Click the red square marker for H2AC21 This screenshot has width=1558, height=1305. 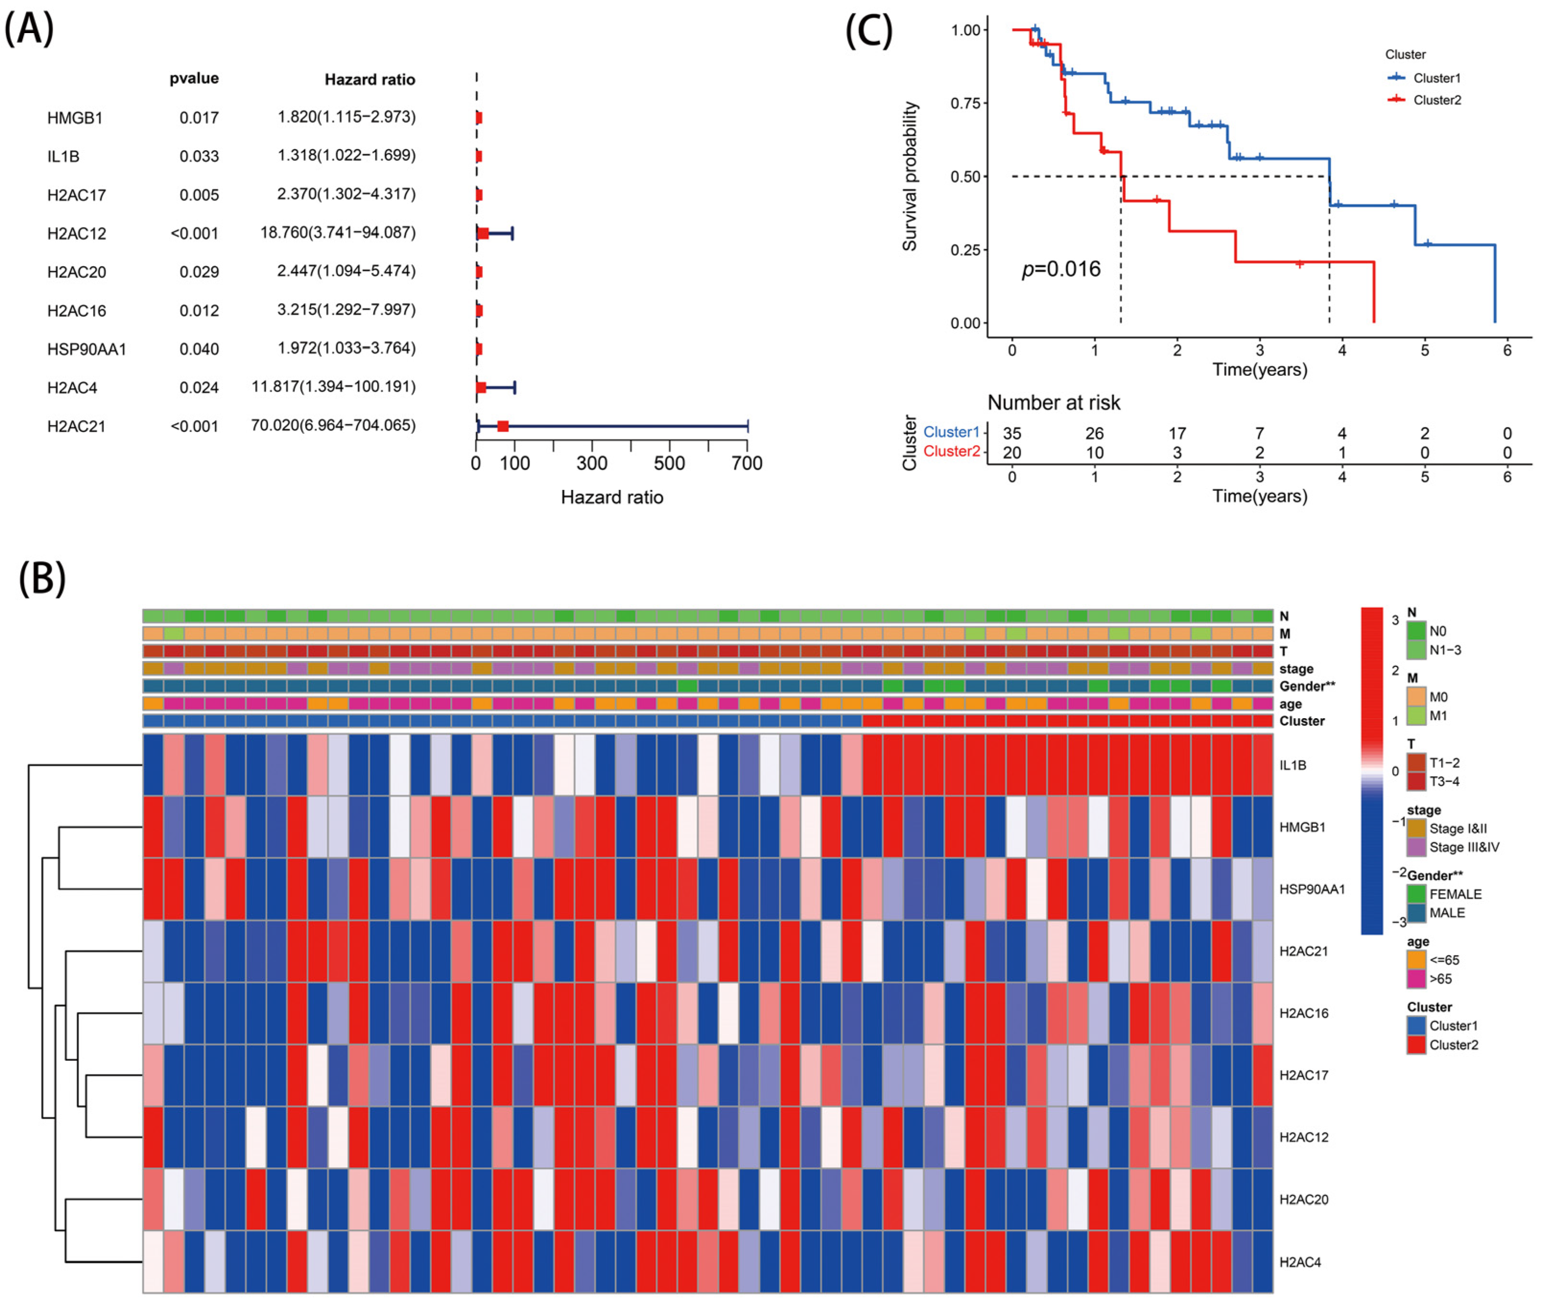point(503,426)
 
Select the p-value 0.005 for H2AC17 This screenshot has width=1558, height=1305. point(199,195)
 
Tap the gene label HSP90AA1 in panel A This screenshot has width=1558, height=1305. point(87,349)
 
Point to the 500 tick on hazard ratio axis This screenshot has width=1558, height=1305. point(669,463)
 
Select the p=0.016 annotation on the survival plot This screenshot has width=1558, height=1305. point(1061,269)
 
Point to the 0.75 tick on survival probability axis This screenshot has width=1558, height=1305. point(965,103)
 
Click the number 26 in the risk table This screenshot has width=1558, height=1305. point(1094,433)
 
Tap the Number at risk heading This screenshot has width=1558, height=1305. point(1053,403)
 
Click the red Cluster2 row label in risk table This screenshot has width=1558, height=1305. point(951,452)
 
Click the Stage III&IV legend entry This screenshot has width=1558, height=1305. point(1463,847)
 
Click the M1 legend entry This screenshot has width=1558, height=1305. point(1438,716)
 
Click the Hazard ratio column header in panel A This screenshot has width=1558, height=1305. point(369,79)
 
